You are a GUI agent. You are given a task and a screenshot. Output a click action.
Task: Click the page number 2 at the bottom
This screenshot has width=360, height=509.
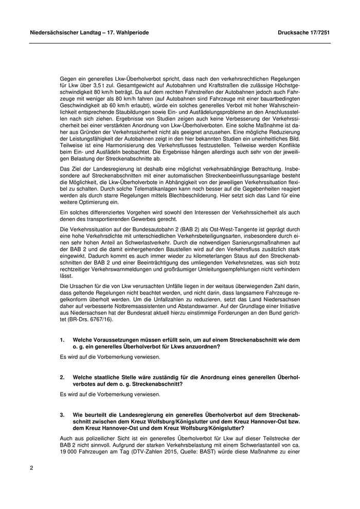point(31,468)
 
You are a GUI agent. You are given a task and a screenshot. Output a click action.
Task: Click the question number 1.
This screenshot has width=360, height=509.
point(62,340)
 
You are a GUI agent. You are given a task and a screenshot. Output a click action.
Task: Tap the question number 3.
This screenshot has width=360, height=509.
point(62,414)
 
